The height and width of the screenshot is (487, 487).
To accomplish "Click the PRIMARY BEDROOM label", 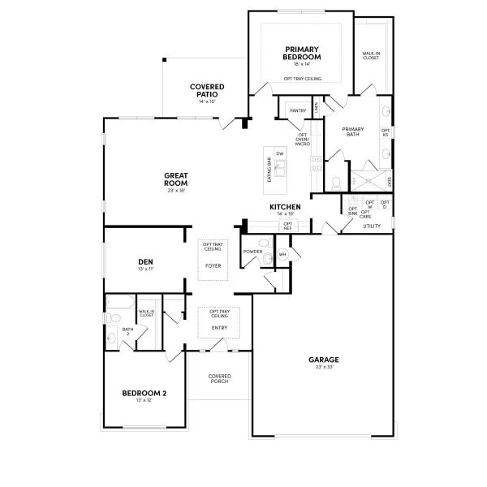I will tap(302, 54).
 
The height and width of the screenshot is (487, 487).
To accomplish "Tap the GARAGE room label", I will tap(323, 359).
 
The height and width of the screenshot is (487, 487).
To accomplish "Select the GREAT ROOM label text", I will tap(176, 179).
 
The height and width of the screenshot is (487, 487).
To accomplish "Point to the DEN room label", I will tap(145, 261).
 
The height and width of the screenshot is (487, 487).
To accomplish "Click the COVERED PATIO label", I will tap(207, 91).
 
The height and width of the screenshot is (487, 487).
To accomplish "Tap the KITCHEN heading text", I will tap(285, 207).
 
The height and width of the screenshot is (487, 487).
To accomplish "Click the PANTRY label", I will tap(298, 110).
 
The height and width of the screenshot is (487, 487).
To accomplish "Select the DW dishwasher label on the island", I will tap(279, 153).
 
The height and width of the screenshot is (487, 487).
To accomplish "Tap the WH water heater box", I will tap(282, 254).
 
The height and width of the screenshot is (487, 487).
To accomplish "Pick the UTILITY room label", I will tap(371, 226).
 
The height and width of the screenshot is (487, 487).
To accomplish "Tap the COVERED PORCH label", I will tap(219, 378).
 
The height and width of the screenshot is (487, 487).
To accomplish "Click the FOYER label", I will tap(213, 265).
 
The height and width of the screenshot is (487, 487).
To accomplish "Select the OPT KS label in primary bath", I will tap(385, 131).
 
